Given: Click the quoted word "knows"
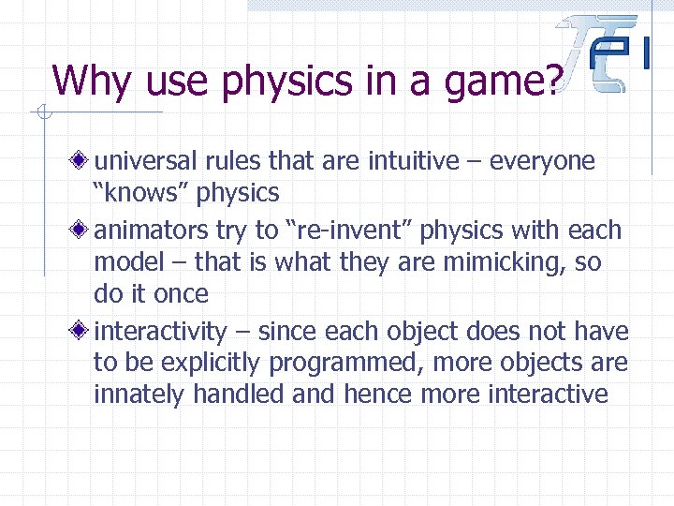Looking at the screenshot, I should [x=133, y=194].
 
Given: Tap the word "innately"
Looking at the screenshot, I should [x=139, y=395].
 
